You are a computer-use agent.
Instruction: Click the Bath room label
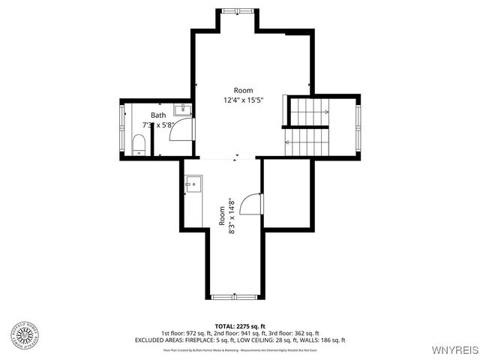[158, 115]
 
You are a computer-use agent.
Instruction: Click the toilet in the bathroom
[139, 145]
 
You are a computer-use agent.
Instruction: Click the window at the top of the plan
[238, 10]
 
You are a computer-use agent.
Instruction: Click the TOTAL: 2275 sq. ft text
[240, 326]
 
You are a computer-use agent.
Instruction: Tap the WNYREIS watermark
[453, 350]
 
